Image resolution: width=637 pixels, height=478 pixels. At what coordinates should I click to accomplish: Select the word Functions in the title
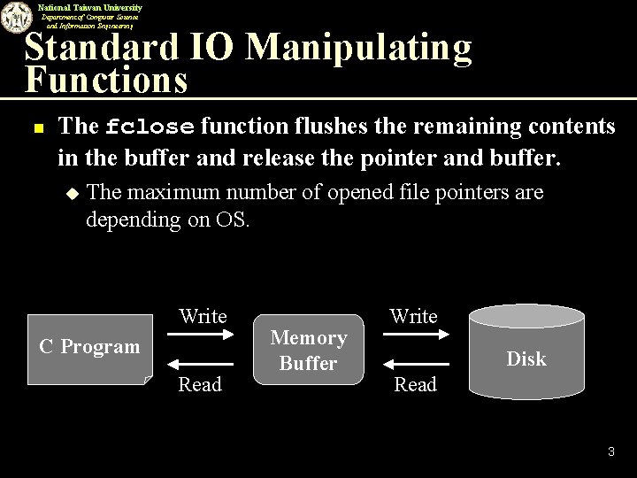tap(106, 81)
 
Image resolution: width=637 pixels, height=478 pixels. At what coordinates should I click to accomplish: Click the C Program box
tap(89, 347)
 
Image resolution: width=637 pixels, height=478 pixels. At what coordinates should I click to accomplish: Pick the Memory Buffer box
tap(309, 350)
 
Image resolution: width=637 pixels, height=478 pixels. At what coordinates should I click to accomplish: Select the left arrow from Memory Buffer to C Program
tap(202, 364)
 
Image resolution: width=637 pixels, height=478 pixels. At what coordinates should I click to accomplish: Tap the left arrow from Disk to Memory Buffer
tap(413, 364)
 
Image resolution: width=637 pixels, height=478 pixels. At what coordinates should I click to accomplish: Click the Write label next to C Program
tap(203, 316)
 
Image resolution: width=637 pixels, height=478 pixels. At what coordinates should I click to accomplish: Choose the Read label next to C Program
tap(200, 384)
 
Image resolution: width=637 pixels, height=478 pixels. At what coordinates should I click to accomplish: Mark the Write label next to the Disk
tap(414, 316)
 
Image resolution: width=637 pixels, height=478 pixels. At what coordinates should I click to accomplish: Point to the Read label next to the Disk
tap(416, 384)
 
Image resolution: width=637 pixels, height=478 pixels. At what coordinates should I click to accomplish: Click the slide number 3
tap(610, 452)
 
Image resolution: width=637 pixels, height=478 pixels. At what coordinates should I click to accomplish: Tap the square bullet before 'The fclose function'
tap(37, 127)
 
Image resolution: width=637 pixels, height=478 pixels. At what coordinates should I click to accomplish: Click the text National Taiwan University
tap(89, 7)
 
